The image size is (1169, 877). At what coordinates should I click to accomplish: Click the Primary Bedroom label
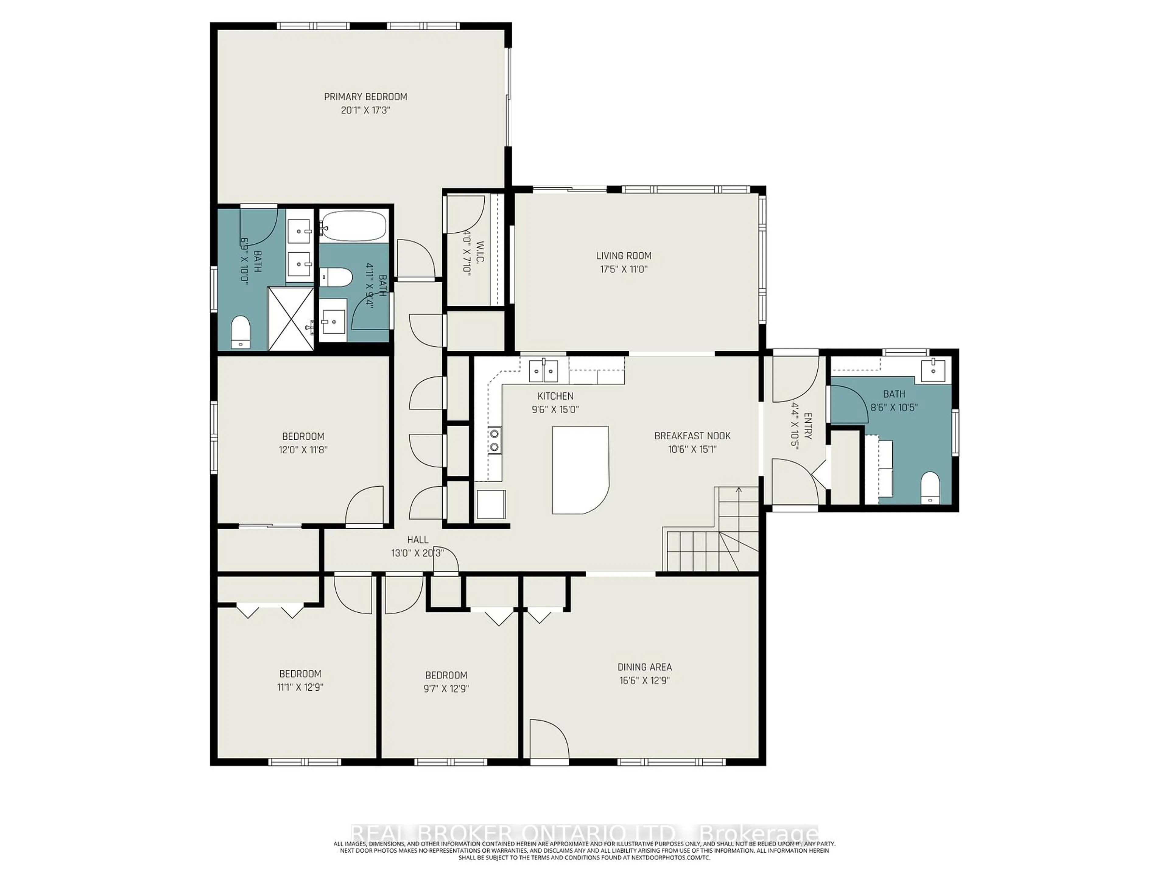pyautogui.click(x=365, y=97)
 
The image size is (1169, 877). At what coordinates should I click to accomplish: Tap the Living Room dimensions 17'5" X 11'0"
pyautogui.click(x=623, y=269)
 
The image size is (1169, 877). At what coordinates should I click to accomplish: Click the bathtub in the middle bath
pyautogui.click(x=353, y=226)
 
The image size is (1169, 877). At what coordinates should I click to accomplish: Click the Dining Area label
pyautogui.click(x=644, y=667)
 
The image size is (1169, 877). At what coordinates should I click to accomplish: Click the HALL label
pyautogui.click(x=417, y=540)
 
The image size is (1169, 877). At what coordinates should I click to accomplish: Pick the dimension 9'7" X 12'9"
pyautogui.click(x=446, y=689)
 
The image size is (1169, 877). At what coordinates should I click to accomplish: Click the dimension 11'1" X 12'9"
pyautogui.click(x=300, y=687)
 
